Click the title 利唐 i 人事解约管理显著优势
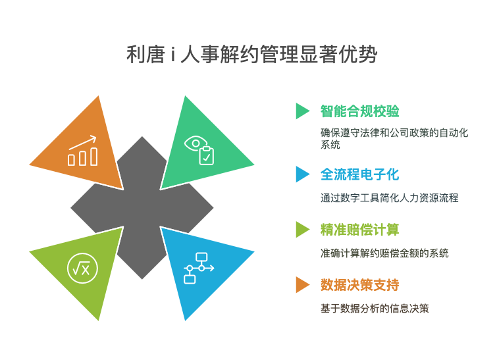click(x=251, y=55)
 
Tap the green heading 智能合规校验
click(x=359, y=111)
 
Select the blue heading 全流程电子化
click(x=359, y=174)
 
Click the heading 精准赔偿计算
click(x=359, y=230)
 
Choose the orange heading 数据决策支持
click(x=359, y=285)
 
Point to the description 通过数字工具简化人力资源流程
click(x=389, y=198)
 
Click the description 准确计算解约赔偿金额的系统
click(x=384, y=253)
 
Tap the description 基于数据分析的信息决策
click(x=375, y=309)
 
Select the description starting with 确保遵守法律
click(x=394, y=138)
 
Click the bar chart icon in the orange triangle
click(x=82, y=151)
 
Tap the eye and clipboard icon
click(x=199, y=150)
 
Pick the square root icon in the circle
click(x=82, y=268)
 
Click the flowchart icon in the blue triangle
click(x=199, y=268)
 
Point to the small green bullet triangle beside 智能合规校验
click(x=302, y=111)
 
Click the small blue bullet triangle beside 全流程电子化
click(x=302, y=174)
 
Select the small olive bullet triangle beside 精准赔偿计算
click(x=302, y=230)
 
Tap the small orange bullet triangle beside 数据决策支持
click(x=302, y=284)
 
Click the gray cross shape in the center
click(x=142, y=208)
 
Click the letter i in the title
click(x=172, y=55)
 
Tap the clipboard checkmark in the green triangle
click(x=207, y=155)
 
